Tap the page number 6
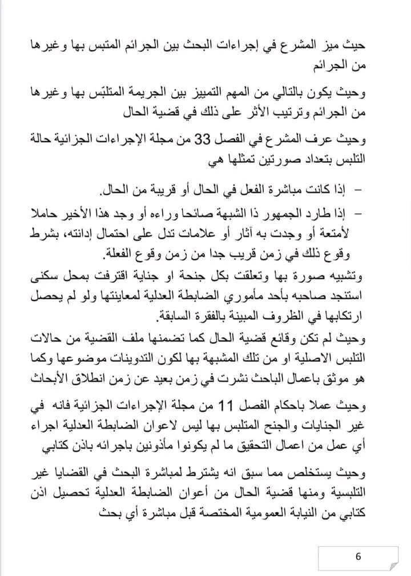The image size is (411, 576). click(x=358, y=555)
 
